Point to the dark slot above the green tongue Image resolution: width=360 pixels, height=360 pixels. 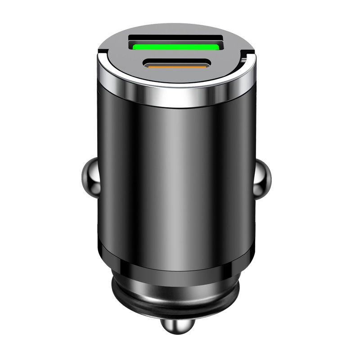tap(176, 38)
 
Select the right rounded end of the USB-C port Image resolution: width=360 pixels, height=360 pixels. tap(207, 64)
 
